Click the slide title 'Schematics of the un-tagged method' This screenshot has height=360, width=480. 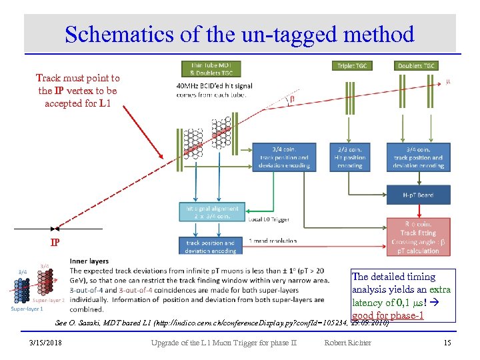coord(239,34)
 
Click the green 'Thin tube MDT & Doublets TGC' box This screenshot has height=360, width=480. coord(211,69)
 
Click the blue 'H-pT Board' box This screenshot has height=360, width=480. coord(419,194)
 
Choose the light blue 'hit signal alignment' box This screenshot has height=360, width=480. coord(211,213)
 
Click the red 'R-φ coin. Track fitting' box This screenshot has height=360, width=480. coord(419,237)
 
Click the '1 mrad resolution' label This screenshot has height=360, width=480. coord(271,241)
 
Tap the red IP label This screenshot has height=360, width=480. coord(57,241)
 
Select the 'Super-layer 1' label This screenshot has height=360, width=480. coord(27,309)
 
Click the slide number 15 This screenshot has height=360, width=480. coord(447,343)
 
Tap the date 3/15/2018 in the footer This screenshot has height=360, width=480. coord(45,343)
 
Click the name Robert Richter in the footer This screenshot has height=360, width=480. coord(348,343)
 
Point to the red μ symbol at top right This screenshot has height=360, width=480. coord(448,82)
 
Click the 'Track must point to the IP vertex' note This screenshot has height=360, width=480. coord(77,91)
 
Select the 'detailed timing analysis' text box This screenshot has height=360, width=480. coord(401,294)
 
